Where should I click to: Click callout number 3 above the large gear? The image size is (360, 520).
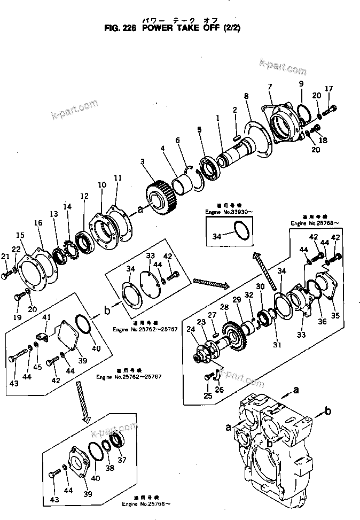[142, 161]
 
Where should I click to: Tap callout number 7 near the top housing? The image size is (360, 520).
[270, 87]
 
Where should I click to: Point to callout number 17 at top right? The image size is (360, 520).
[329, 89]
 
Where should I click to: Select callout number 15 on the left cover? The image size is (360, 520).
[20, 235]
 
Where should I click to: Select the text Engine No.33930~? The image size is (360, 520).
[228, 212]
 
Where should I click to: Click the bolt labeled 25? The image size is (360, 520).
[208, 378]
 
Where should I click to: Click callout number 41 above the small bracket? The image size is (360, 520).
[46, 319]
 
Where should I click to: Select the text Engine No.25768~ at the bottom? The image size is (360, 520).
[153, 505]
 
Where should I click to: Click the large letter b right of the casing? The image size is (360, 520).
[328, 410]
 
